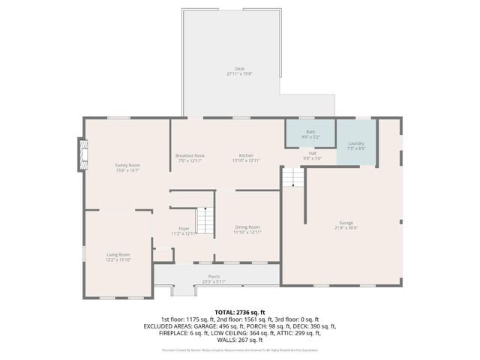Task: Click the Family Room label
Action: click(x=127, y=165)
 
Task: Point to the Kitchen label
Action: click(x=245, y=156)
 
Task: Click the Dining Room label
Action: click(x=247, y=227)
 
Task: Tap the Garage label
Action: click(x=346, y=223)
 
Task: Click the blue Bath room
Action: click(x=310, y=134)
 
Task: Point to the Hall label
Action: click(x=312, y=153)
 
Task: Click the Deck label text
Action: click(x=240, y=68)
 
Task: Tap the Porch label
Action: click(x=214, y=276)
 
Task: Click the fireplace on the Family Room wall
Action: click(x=82, y=155)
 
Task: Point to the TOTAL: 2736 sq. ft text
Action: click(x=240, y=310)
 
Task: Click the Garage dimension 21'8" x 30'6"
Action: click(x=346, y=228)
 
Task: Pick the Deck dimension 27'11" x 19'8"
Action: click(x=240, y=73)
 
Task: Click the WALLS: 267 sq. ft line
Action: click(x=240, y=340)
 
